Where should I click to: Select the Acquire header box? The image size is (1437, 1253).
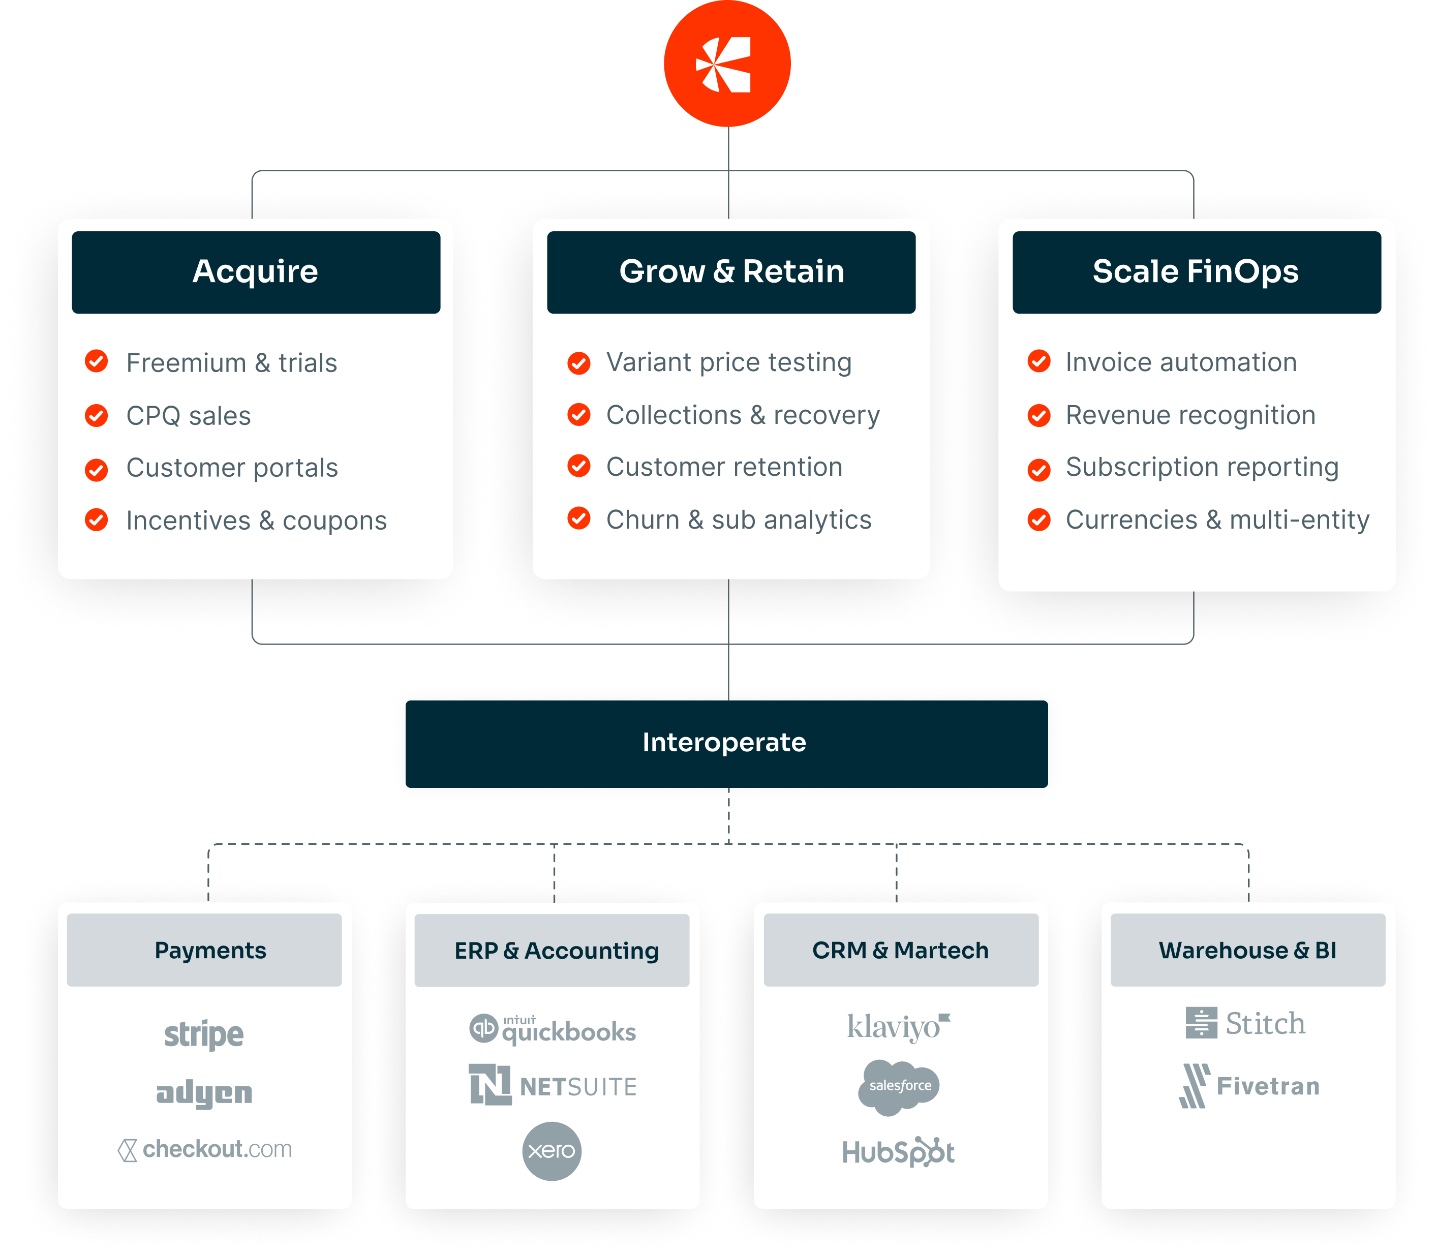[256, 272]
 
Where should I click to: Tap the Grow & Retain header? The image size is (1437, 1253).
[731, 272]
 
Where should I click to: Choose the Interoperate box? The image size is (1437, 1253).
[726, 743]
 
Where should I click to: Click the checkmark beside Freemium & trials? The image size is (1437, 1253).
[97, 361]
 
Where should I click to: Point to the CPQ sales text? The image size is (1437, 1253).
[188, 416]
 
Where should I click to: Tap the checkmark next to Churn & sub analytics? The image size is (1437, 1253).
[579, 519]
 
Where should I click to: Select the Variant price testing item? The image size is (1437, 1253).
[728, 362]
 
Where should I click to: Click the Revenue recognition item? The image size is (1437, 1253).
[1190, 415]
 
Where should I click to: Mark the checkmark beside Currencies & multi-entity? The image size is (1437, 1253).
[1039, 519]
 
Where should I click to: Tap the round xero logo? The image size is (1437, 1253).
[552, 1151]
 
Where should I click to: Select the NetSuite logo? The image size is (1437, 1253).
[553, 1086]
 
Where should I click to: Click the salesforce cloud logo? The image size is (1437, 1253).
[899, 1086]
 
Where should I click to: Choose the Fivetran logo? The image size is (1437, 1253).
[1249, 1086]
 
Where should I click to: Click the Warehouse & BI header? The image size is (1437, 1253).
[1247, 950]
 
